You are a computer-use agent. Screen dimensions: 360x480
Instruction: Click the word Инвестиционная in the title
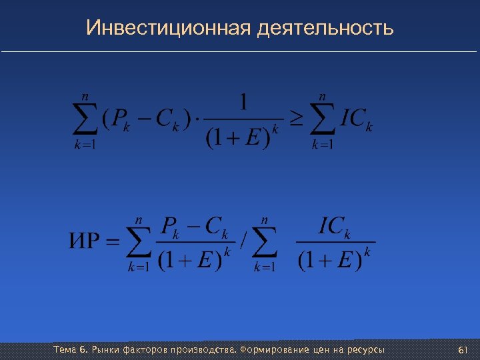(x=168, y=29)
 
